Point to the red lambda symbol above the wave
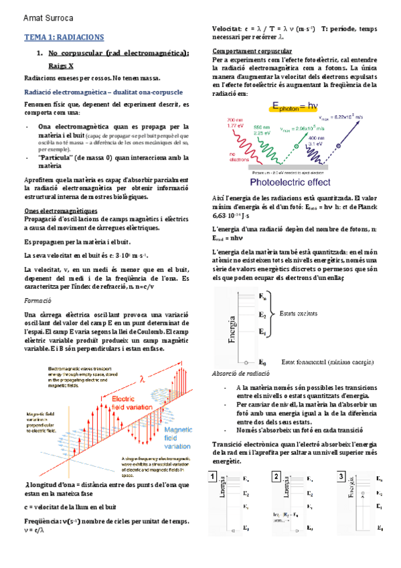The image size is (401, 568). click(142, 378)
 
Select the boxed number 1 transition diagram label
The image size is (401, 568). click(212, 477)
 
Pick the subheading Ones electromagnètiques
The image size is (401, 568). click(60, 210)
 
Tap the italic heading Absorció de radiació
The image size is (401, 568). click(240, 372)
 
